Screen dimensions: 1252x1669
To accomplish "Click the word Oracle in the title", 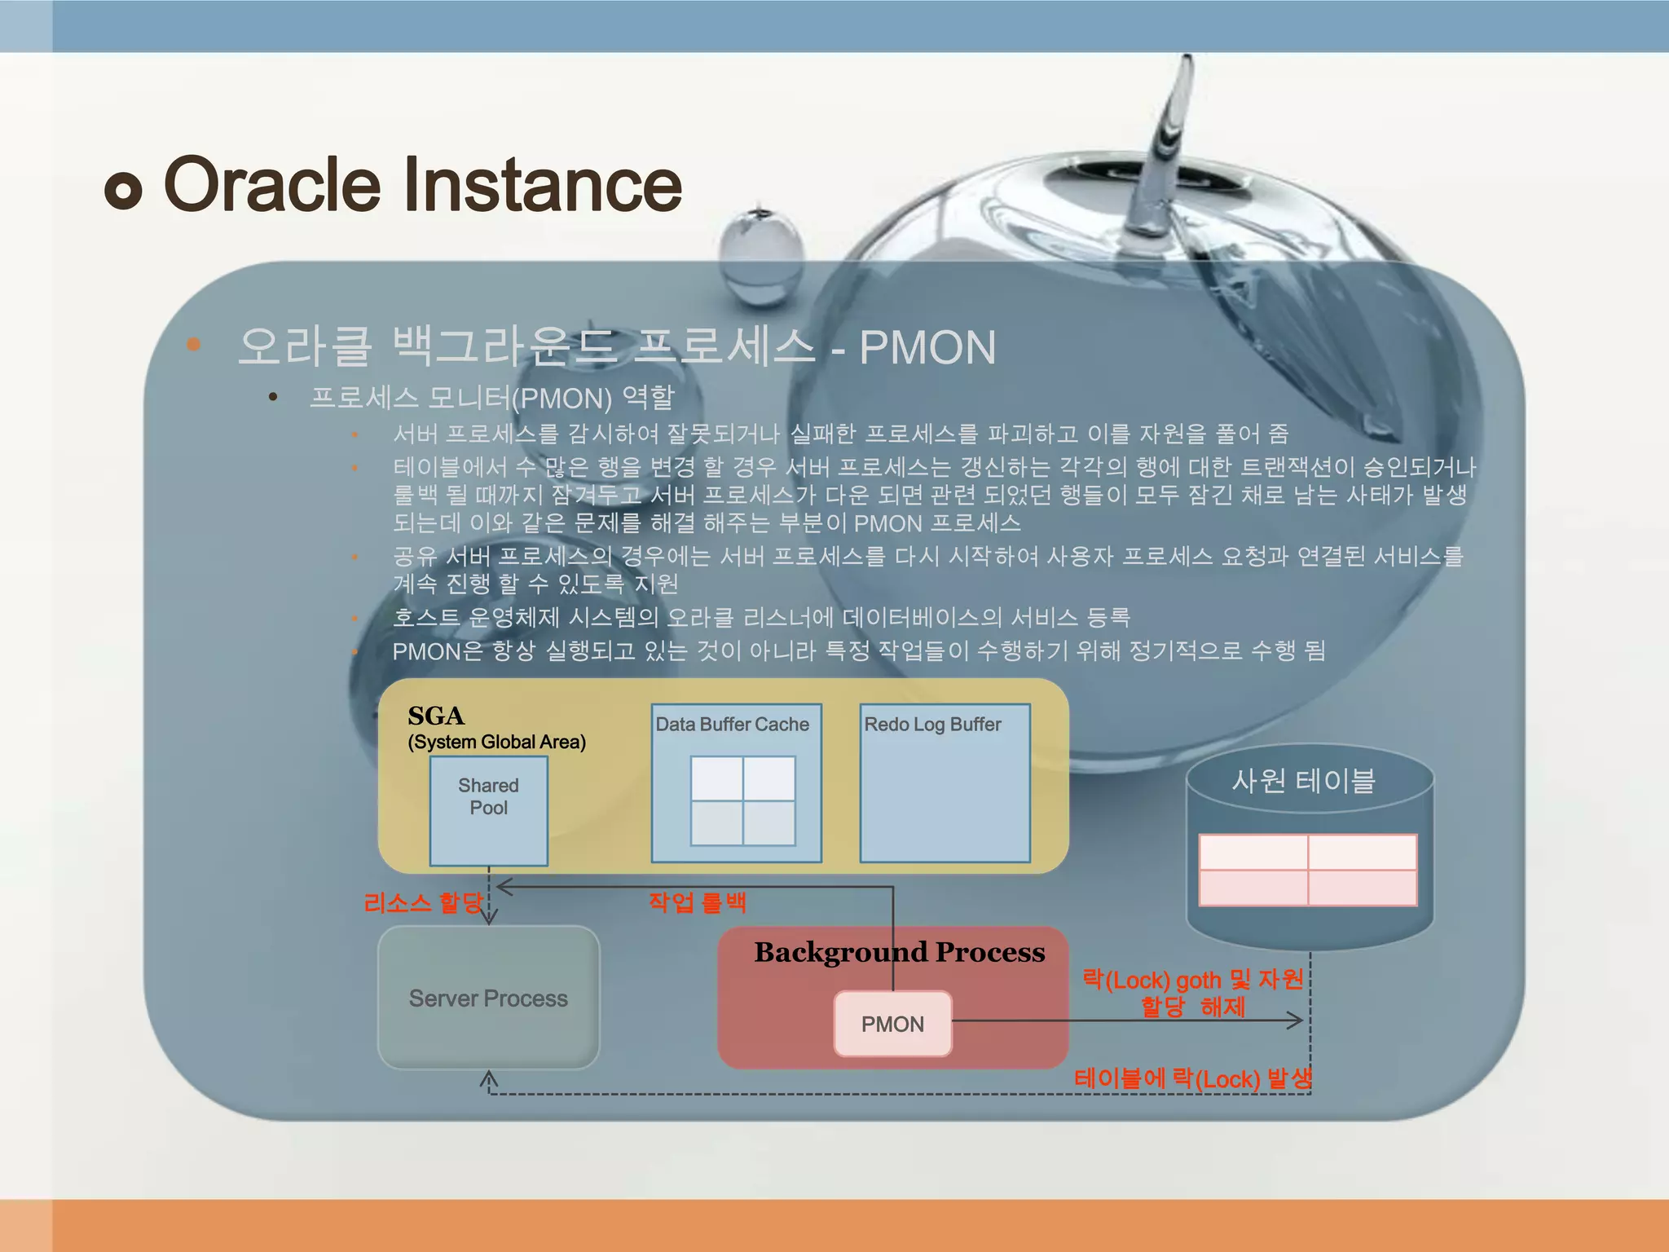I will (271, 185).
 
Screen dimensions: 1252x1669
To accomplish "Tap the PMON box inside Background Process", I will (892, 1024).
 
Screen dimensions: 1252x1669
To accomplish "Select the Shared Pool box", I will (488, 810).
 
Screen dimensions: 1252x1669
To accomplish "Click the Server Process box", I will (488, 998).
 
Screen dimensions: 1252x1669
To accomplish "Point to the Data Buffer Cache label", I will (732, 724).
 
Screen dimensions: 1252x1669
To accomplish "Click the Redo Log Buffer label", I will (932, 724).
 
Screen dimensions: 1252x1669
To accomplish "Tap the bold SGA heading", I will (436, 716).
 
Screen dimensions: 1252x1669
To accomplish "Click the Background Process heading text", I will (899, 952).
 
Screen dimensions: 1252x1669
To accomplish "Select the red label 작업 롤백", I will (698, 902).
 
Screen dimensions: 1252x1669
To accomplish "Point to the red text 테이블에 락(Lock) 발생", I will (1192, 1078).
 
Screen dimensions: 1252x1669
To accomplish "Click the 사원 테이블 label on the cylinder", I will (1303, 781).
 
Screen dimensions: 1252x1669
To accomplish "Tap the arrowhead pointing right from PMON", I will (1296, 1020).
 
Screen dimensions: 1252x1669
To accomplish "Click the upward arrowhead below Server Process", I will (488, 1078).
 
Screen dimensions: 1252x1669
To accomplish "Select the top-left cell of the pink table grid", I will (1253, 852).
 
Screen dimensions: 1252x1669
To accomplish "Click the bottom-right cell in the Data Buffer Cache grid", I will (768, 822).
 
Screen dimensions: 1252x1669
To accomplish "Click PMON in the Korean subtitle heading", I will (927, 348).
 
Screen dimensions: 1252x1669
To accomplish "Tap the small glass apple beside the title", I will (762, 254).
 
